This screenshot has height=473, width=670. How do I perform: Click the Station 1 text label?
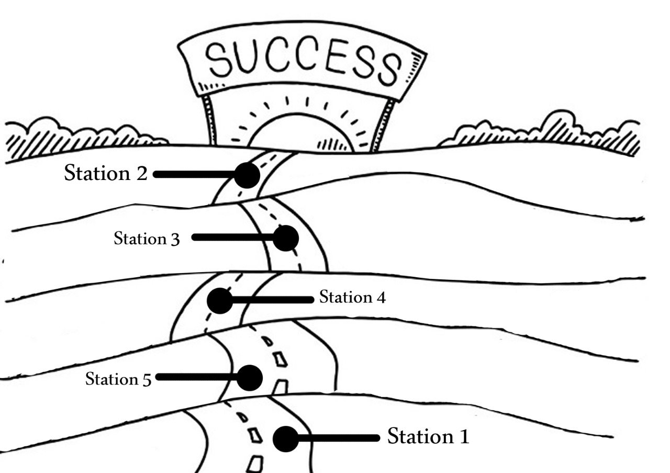428,436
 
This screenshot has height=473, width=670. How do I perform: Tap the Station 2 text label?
106,173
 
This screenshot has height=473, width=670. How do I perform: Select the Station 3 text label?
147,239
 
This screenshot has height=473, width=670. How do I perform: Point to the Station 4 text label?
352,297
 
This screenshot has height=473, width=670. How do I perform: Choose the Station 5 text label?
118,379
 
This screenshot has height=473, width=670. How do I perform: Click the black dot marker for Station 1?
286,439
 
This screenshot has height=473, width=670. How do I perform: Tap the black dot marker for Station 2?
247,175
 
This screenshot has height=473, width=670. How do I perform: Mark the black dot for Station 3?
286,238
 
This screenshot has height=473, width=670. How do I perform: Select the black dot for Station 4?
220,301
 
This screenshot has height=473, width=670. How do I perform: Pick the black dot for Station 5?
250,378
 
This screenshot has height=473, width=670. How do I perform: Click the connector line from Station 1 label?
339,438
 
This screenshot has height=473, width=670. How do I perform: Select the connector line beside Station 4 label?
273,300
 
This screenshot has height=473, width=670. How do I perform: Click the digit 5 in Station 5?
147,380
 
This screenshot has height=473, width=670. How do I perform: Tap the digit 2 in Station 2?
142,173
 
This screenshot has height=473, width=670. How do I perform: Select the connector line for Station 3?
233,238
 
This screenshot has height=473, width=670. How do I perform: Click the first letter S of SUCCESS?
218,58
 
